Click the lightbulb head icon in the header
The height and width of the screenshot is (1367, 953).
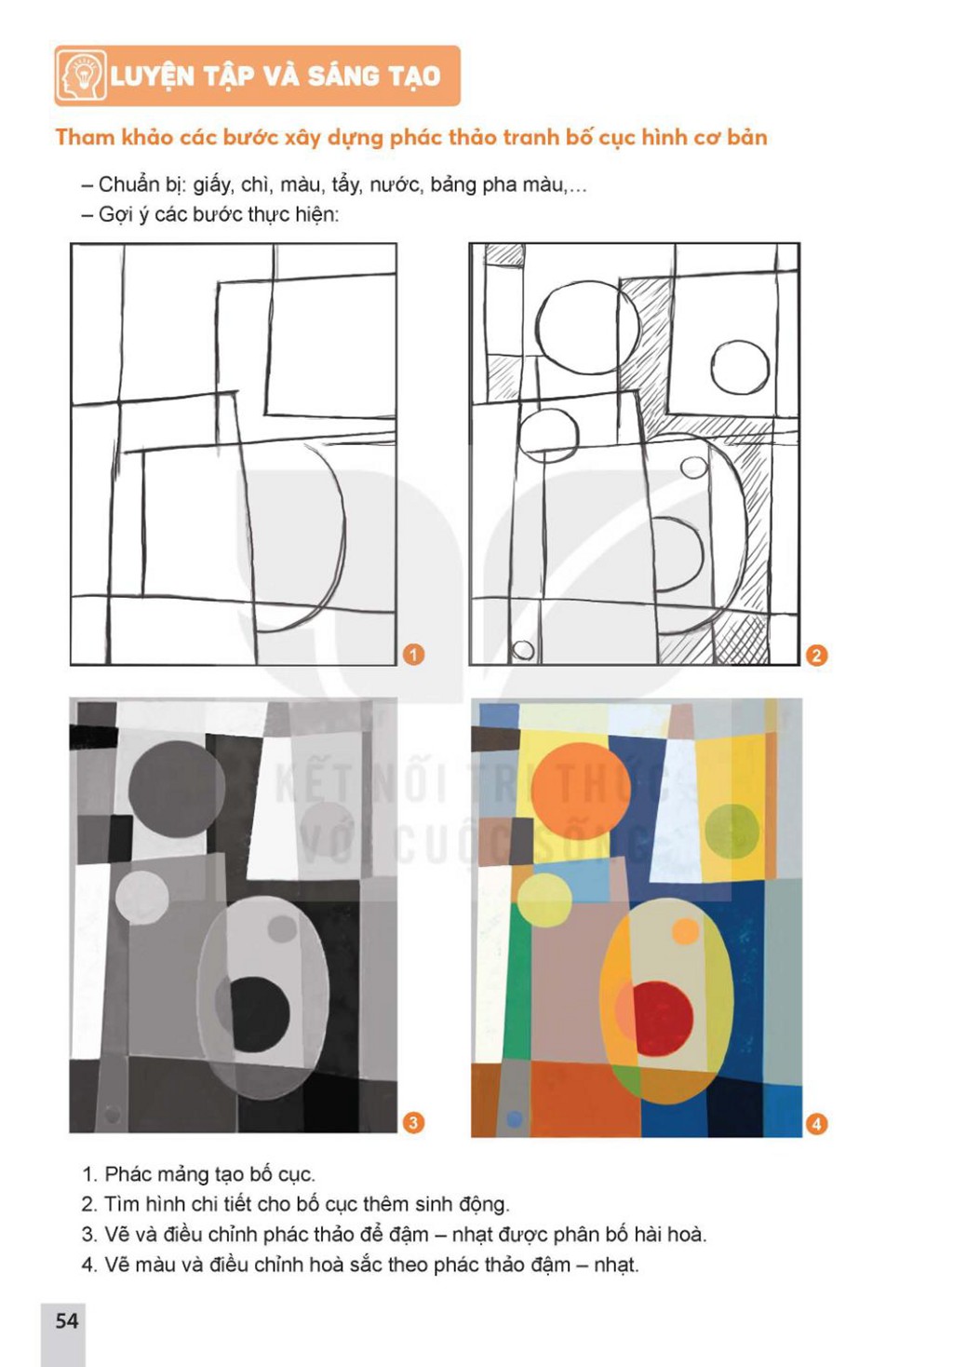tap(81, 75)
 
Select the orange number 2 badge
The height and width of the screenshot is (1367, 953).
tap(816, 656)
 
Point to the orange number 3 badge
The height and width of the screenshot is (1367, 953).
tap(413, 1123)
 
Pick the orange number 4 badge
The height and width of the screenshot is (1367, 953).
tap(816, 1124)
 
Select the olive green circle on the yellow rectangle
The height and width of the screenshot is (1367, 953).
tap(732, 832)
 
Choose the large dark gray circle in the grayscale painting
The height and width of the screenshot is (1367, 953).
tap(177, 790)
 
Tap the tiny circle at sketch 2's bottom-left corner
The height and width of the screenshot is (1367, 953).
tap(522, 649)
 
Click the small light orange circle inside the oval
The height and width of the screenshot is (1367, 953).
tap(685, 930)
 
